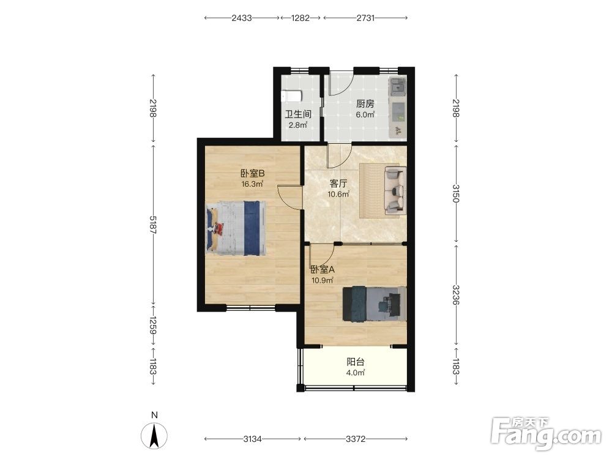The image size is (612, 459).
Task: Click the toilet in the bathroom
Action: [x=291, y=95]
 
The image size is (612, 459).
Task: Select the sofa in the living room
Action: [x=395, y=190]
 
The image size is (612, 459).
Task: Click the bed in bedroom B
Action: [x=236, y=228]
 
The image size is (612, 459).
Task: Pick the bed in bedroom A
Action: [x=375, y=304]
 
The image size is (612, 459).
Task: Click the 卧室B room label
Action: [x=253, y=173]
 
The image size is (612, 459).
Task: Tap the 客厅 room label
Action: [x=338, y=184]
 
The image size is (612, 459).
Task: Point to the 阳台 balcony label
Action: [x=356, y=362]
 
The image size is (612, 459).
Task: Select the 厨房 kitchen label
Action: [x=365, y=104]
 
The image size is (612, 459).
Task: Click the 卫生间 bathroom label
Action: [x=298, y=114]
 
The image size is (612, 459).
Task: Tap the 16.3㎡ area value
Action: [x=252, y=184]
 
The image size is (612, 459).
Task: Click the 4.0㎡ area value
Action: [x=356, y=373]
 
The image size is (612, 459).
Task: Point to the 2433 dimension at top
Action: [x=242, y=18]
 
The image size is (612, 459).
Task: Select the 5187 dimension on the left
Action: [x=152, y=225]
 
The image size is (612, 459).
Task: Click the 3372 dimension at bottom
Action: [x=356, y=439]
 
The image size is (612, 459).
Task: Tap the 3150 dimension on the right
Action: [x=456, y=193]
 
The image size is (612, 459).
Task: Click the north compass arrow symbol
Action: [x=154, y=436]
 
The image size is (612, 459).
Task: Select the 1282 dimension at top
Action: [x=300, y=18]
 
